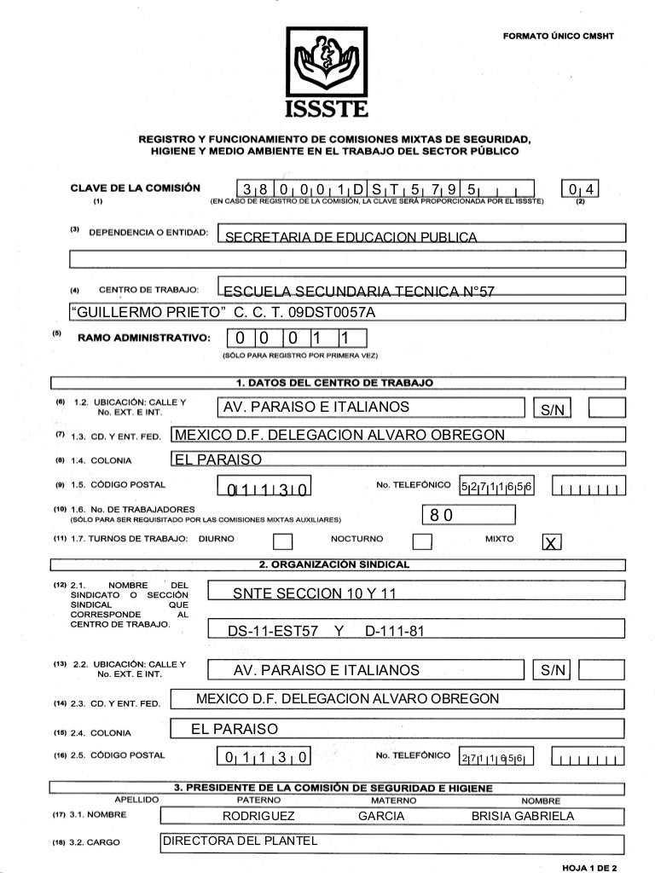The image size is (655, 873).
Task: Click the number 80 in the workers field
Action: point(441,515)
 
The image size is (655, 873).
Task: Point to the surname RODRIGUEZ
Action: point(258,816)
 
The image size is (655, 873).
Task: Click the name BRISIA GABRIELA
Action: point(522,816)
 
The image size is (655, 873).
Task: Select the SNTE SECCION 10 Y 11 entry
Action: point(316,593)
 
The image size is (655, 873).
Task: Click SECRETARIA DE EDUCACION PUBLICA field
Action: point(349,236)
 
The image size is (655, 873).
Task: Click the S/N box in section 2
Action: point(552,670)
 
